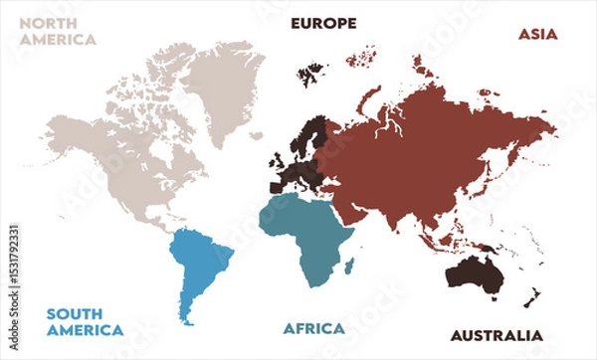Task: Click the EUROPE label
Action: coord(323,23)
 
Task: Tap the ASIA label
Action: coord(538,34)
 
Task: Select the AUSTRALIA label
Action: coord(497,335)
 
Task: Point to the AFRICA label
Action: coord(313,328)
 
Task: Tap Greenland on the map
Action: coord(227,80)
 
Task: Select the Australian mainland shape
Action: coord(473,273)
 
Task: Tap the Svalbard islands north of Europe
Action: coord(314,72)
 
